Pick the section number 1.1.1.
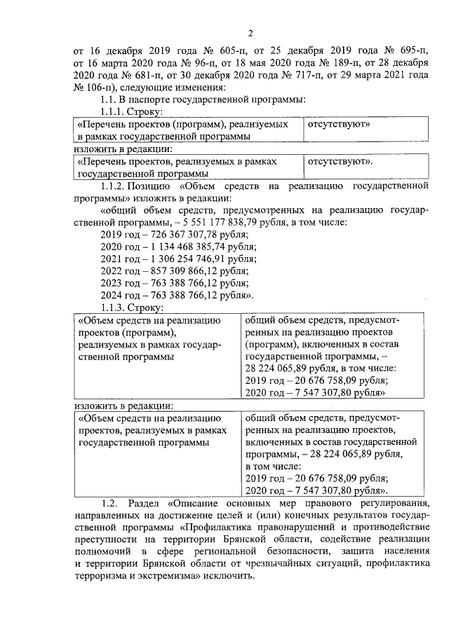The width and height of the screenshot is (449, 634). [x=114, y=111]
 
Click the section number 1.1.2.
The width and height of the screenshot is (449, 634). [x=115, y=186]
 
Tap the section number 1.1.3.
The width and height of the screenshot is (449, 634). [x=115, y=307]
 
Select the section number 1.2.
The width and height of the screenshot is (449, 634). [x=110, y=504]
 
